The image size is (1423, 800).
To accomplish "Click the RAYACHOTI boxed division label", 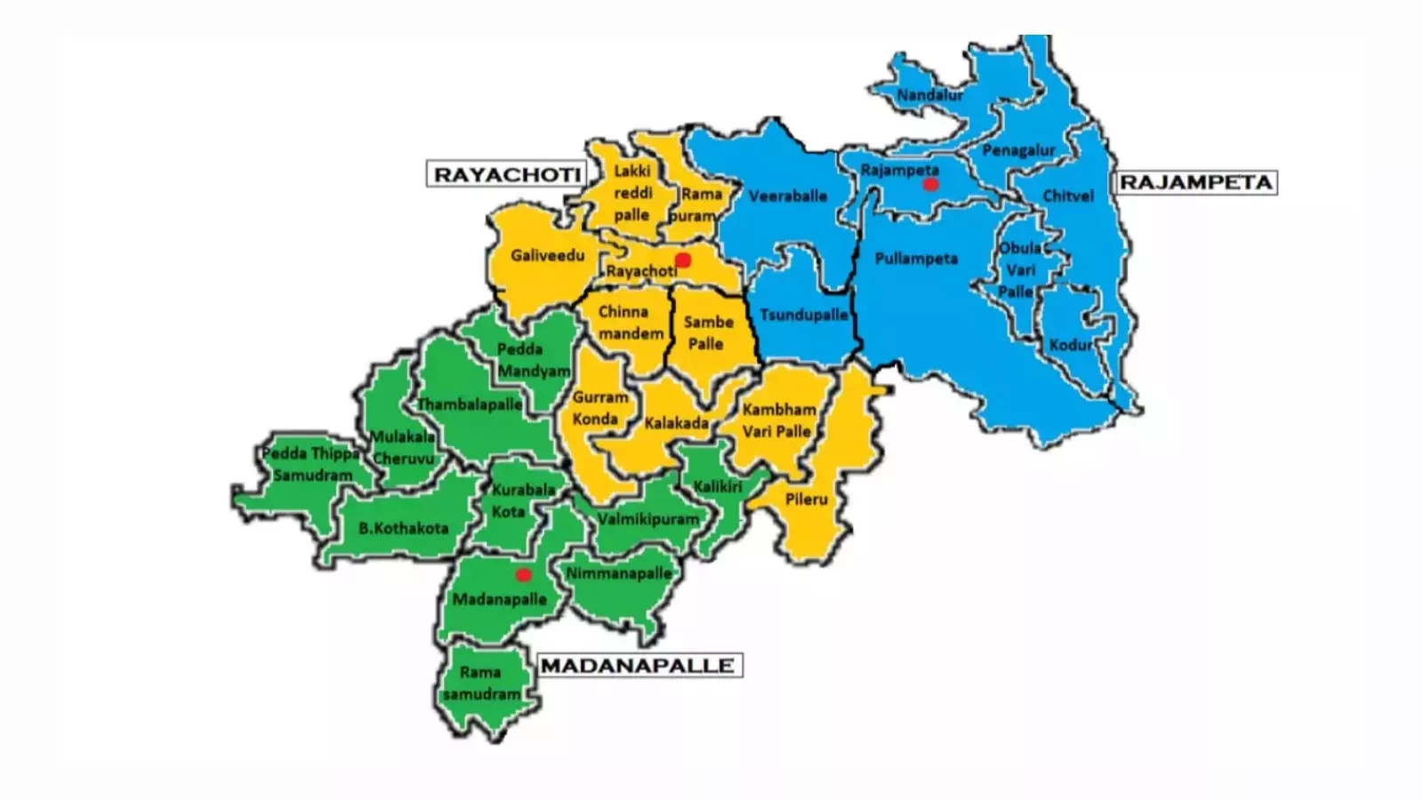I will [506, 174].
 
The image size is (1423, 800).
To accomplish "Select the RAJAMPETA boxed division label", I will [1195, 183].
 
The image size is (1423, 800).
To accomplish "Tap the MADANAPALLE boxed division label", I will [638, 666].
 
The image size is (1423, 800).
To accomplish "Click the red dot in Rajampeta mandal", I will [930, 185].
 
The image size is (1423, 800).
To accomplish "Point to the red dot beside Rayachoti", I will [683, 260].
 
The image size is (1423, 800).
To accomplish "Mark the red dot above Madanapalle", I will [524, 575].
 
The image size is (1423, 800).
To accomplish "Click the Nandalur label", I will [930, 95].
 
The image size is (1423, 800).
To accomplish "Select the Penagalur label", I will [1018, 150].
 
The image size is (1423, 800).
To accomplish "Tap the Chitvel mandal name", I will [1067, 196].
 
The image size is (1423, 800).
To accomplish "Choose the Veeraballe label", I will [788, 196].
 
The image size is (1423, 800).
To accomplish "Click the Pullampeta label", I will [916, 259].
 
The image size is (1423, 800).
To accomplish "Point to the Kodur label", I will [1070, 345].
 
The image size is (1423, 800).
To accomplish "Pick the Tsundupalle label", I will [803, 315].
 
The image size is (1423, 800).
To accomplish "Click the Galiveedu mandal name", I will [548, 256].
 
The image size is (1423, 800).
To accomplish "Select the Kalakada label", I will [676, 423].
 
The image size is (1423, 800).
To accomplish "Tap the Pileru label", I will [806, 500].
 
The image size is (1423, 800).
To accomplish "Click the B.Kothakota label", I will [404, 528].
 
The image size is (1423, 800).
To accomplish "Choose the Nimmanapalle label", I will [619, 573].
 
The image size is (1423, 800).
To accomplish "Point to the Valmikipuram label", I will [648, 519].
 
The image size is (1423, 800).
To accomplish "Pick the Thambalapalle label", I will [470, 404].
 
